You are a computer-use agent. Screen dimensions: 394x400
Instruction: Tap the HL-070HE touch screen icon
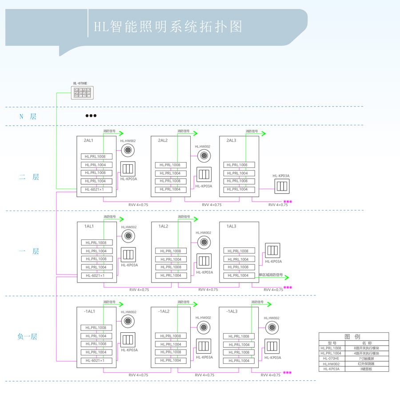(83, 93)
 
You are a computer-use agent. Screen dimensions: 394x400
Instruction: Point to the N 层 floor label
(28, 116)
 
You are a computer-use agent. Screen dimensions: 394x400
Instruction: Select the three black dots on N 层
(91, 115)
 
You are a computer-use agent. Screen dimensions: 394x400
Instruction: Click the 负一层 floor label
(28, 336)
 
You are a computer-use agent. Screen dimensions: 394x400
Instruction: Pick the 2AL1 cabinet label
(88, 140)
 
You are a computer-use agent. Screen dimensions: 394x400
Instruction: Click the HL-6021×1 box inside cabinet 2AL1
(96, 189)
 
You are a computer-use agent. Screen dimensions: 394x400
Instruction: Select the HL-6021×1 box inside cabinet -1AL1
(96, 360)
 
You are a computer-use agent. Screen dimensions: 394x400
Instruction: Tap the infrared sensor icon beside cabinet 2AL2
(204, 155)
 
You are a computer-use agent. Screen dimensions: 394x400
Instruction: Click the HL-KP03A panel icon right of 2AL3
(281, 186)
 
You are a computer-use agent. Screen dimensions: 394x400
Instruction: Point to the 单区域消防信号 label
(271, 275)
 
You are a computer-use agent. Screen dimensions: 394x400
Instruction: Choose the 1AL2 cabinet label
(163, 226)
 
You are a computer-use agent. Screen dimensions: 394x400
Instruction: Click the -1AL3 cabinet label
(232, 311)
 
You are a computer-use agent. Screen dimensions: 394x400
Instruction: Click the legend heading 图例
(353, 337)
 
